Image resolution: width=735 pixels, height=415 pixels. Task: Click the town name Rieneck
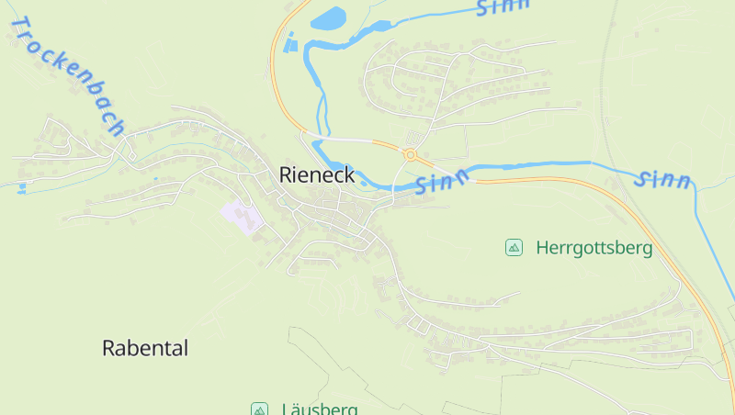[x=317, y=174]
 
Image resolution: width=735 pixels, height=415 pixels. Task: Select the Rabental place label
[x=144, y=349]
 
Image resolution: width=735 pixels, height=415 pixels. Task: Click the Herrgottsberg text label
[x=594, y=248]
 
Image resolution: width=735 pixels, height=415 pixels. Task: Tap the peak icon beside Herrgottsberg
[x=514, y=247]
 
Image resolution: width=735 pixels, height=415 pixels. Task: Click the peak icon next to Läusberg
[x=260, y=409]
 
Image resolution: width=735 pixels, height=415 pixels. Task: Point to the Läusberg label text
[x=319, y=409]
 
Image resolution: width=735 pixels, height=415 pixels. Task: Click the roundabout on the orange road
[x=410, y=155]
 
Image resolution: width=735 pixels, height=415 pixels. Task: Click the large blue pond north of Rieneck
[x=328, y=19]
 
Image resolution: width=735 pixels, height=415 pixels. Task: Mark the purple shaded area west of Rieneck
[x=240, y=217]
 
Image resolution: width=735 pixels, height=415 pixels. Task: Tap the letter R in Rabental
[x=108, y=349]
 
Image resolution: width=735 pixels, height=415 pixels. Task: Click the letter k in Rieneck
[x=349, y=174]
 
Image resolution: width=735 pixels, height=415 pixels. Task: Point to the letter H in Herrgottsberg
[x=542, y=248]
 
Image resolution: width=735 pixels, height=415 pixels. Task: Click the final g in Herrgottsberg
[x=648, y=250]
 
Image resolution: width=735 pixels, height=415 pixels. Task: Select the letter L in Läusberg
[x=286, y=409]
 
